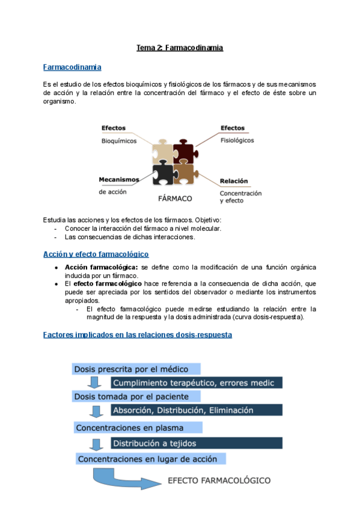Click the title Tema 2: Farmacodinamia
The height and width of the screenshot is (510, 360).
[x=180, y=48]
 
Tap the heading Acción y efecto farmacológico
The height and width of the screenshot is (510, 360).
[x=96, y=254]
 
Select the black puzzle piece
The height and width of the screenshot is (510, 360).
[x=162, y=173]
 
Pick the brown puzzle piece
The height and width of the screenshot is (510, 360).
[x=184, y=174]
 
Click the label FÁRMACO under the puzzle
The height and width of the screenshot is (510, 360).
[x=175, y=198]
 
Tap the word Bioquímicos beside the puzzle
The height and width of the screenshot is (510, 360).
[x=118, y=141]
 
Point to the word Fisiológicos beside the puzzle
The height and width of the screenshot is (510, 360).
[x=237, y=141]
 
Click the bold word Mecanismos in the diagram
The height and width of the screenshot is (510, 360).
[x=119, y=179]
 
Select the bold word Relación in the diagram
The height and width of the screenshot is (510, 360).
[x=234, y=181]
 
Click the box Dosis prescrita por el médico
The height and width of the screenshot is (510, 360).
[x=136, y=368]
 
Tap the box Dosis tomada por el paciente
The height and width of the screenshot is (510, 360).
[x=136, y=396]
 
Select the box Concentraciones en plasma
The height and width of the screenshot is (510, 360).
[x=138, y=428]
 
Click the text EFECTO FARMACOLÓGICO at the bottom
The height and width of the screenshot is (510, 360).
[x=219, y=481]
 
